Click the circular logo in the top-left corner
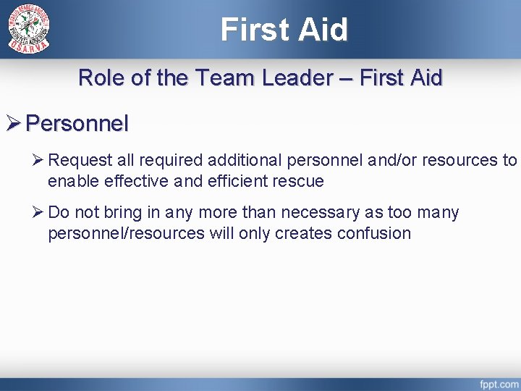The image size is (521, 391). point(29,29)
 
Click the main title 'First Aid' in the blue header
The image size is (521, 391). point(284,30)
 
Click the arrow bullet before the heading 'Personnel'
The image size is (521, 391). point(14,124)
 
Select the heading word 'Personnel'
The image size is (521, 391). point(77,124)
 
